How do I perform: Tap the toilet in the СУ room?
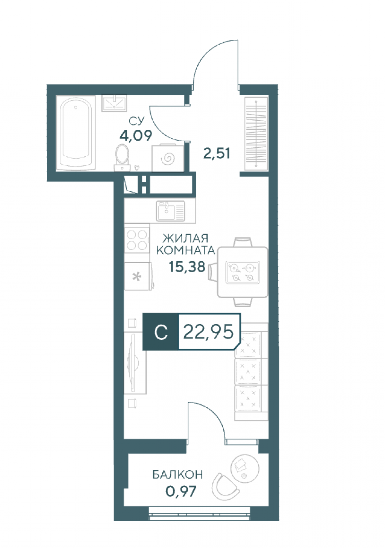(122, 157)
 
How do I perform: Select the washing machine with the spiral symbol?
(168, 158)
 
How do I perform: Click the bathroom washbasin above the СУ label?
(114, 103)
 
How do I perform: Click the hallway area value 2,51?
(216, 154)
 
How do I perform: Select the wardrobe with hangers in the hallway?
(256, 132)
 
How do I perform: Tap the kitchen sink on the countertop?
(171, 210)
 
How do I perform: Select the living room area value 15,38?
(186, 267)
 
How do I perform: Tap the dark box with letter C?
(161, 332)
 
